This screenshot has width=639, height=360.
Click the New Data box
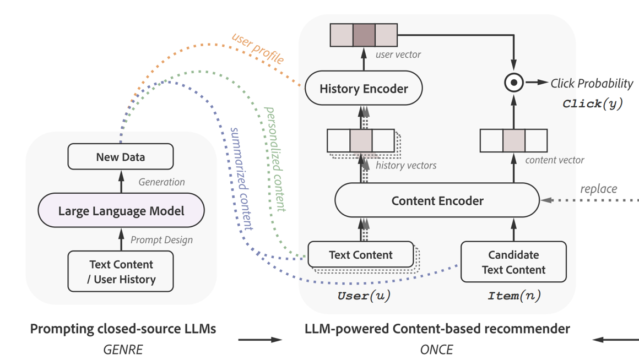[120, 157]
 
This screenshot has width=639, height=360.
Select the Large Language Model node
[121, 211]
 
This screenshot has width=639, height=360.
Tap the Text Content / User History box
[121, 271]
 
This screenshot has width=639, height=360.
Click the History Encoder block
[364, 89]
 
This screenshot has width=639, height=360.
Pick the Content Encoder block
[437, 201]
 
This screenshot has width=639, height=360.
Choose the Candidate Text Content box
[513, 262]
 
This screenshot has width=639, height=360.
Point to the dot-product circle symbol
[514, 83]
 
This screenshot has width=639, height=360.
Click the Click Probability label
[592, 84]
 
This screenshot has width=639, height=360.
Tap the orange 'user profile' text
[258, 48]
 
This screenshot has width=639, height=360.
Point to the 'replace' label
[599, 189]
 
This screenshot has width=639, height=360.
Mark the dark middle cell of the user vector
[364, 35]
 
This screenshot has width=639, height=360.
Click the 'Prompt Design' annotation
[161, 240]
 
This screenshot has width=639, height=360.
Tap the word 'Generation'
[161, 182]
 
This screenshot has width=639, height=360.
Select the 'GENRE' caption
[123, 349]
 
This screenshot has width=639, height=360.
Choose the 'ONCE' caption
[436, 349]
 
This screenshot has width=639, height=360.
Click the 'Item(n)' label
[514, 296]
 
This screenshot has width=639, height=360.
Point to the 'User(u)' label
[364, 296]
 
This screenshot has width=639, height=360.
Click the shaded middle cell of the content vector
[513, 141]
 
